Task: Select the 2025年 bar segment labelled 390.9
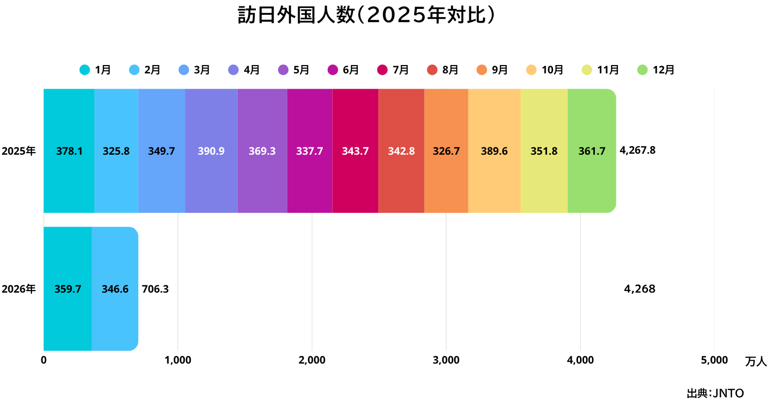click(x=211, y=151)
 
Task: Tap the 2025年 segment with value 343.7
click(x=355, y=151)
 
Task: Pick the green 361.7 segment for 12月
click(x=591, y=151)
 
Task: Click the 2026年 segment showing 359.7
click(x=67, y=289)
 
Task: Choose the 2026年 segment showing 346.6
click(x=115, y=289)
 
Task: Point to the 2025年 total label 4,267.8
click(x=637, y=150)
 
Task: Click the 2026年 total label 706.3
click(x=155, y=289)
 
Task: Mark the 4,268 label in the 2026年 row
click(x=640, y=289)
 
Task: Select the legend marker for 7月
click(x=382, y=70)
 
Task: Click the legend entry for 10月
click(x=545, y=70)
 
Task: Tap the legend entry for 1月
click(x=96, y=70)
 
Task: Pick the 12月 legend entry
click(x=656, y=70)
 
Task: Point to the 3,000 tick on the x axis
click(x=446, y=360)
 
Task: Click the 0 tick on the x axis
click(x=44, y=360)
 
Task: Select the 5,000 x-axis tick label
click(x=714, y=360)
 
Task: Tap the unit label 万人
click(x=756, y=362)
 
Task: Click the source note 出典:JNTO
click(x=715, y=393)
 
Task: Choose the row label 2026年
click(x=19, y=289)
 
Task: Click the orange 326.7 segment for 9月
click(x=446, y=151)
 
